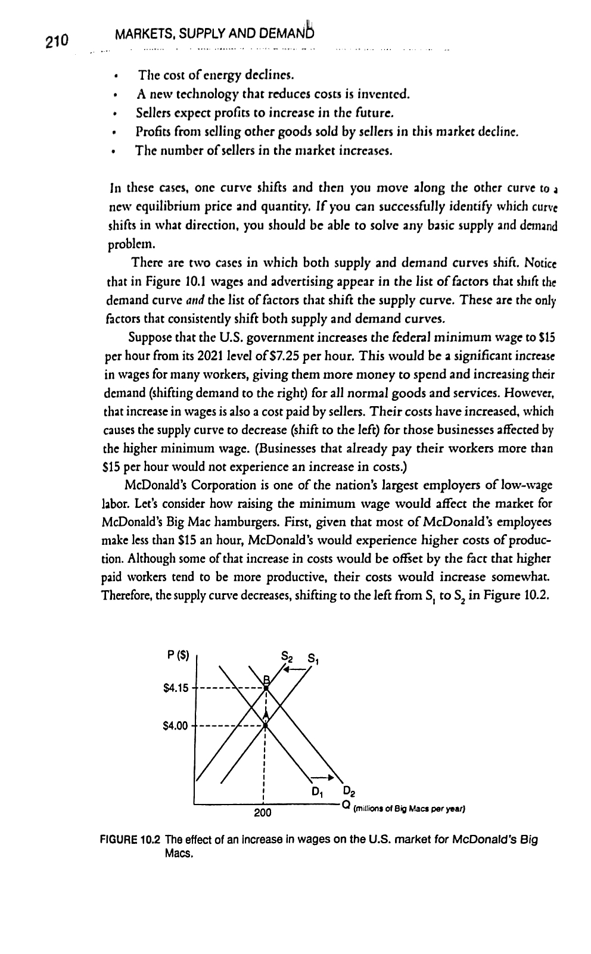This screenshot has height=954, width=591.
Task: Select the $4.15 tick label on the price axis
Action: click(x=175, y=689)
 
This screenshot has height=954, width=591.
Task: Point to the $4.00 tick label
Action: click(x=175, y=726)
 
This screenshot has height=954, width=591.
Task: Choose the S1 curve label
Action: click(x=313, y=660)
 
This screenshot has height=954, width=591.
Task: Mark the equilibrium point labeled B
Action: click(x=266, y=687)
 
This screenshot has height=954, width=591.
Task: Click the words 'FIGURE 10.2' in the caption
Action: click(x=129, y=840)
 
